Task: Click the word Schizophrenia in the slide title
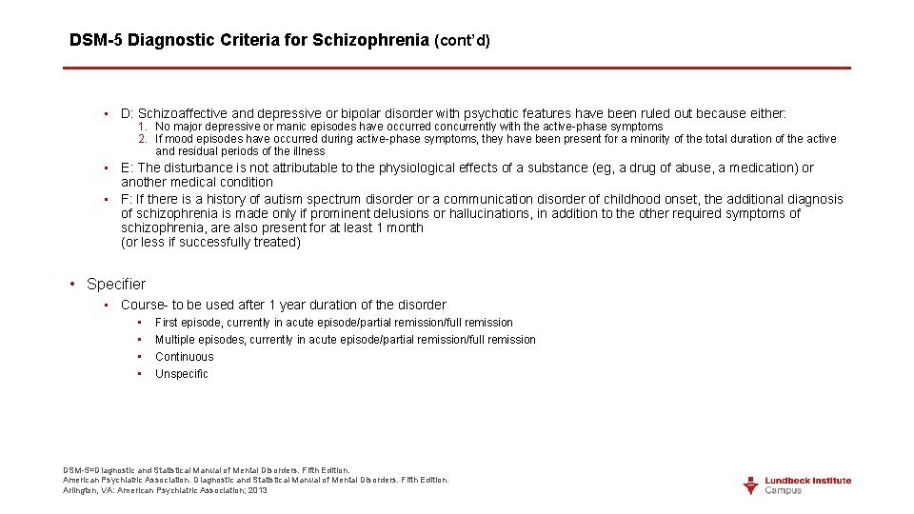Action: click(x=370, y=40)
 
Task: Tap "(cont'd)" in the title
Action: click(x=462, y=41)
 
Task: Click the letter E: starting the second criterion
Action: click(x=127, y=168)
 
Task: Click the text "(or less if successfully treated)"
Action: click(x=210, y=242)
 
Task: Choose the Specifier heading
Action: click(x=116, y=284)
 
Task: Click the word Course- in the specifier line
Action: click(x=144, y=305)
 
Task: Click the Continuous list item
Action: click(x=185, y=357)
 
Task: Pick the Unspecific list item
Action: click(x=182, y=374)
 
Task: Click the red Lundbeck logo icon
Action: click(x=751, y=485)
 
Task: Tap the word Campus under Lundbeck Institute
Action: click(x=784, y=490)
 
